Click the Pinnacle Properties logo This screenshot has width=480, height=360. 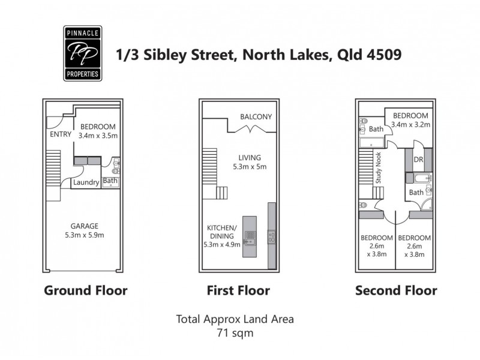[82, 53]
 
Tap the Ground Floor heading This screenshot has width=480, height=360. [85, 291]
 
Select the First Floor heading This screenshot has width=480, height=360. [238, 291]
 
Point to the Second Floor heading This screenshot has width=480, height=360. [396, 291]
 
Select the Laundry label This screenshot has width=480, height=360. [86, 183]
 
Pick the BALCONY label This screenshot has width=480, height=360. [256, 116]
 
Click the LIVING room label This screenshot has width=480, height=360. [250, 158]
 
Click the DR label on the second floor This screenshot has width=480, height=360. [419, 161]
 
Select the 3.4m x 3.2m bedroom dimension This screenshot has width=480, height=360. [410, 125]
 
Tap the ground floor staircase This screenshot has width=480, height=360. [53, 168]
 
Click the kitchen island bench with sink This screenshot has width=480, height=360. [250, 236]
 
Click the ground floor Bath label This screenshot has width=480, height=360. [110, 180]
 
